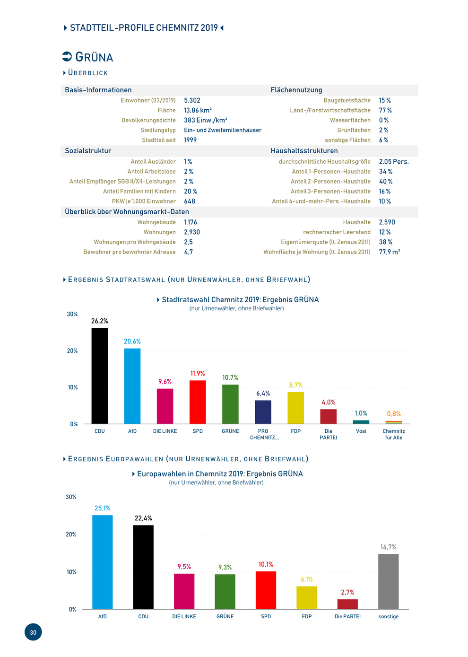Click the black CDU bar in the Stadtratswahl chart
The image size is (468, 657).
pyautogui.click(x=99, y=376)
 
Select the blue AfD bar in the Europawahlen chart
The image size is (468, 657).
pyautogui.click(x=102, y=561)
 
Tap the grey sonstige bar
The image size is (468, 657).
pyautogui.click(x=388, y=581)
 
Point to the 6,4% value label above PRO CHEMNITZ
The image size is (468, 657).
pyautogui.click(x=263, y=393)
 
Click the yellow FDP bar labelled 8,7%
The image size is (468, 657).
pyautogui.click(x=295, y=408)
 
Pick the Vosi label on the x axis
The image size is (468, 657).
pyautogui.click(x=361, y=431)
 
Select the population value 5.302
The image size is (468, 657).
pyautogui.click(x=192, y=100)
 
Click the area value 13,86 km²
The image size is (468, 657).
pyautogui.click(x=198, y=110)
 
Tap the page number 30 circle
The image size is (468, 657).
pyautogui.click(x=33, y=632)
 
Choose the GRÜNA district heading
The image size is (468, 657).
pyautogui.click(x=94, y=57)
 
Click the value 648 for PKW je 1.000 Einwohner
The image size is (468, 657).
pyautogui.click(x=189, y=201)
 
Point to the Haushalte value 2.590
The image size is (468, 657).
pyautogui.click(x=387, y=222)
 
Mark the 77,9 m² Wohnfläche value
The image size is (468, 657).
pyautogui.click(x=390, y=252)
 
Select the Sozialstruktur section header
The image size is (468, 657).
pyautogui.click(x=88, y=151)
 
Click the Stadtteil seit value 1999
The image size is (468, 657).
pyautogui.click(x=190, y=140)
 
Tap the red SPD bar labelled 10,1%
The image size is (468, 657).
pyautogui.click(x=266, y=590)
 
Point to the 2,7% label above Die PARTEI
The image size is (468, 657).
pyautogui.click(x=347, y=592)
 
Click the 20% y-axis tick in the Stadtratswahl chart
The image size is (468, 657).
pyautogui.click(x=72, y=350)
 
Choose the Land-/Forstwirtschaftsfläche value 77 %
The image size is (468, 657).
pyautogui.click(x=385, y=110)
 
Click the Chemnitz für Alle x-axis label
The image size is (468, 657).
pyautogui.click(x=393, y=434)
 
